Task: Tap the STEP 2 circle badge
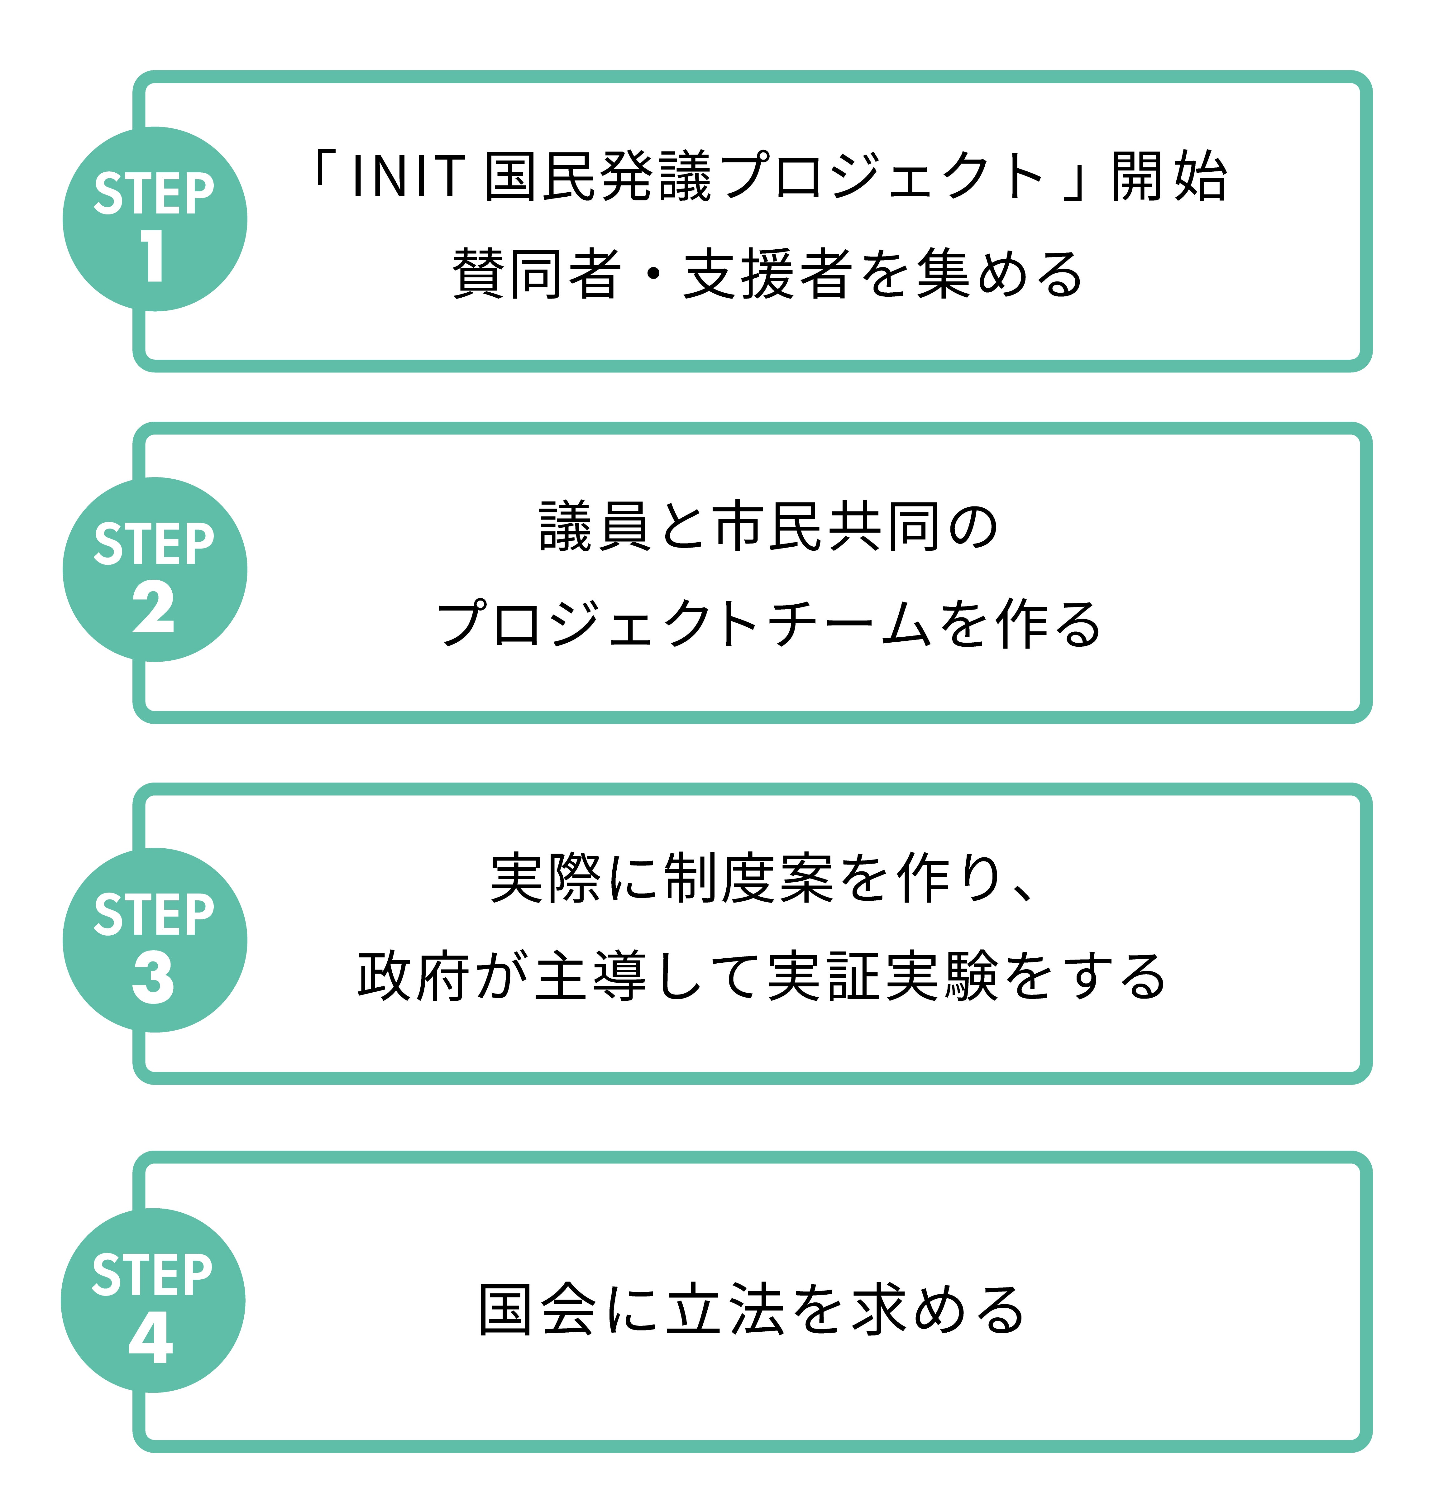pos(155,569)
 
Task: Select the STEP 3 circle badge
pos(155,940)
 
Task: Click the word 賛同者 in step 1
pos(536,274)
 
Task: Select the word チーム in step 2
pos(849,624)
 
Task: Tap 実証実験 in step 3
pos(884,976)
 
